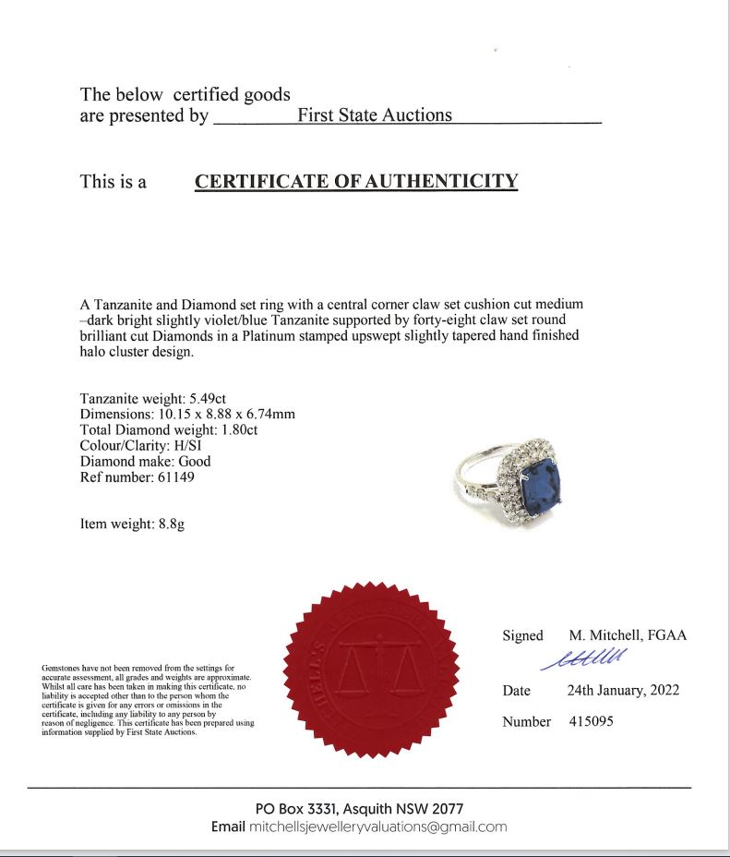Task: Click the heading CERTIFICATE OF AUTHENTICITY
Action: (x=356, y=181)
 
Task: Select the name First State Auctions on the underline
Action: (x=375, y=115)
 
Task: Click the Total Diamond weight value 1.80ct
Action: (x=231, y=429)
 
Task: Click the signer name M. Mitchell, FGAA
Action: (x=627, y=635)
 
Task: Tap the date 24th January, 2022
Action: (x=623, y=690)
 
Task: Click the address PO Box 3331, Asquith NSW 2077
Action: (x=359, y=808)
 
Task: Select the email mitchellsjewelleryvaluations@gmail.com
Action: (x=378, y=827)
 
